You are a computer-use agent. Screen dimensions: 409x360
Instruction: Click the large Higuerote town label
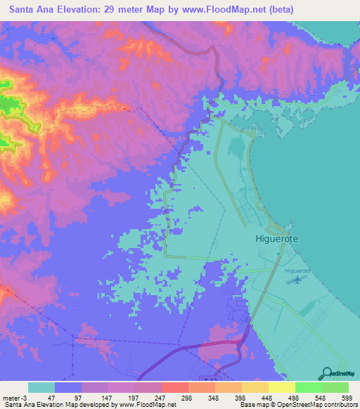pos(276,239)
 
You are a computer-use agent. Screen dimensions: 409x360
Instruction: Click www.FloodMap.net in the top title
pos(213,10)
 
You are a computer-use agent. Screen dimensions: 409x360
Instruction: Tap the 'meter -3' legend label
pos(13,398)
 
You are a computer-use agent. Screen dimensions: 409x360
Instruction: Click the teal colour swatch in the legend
pos(41,387)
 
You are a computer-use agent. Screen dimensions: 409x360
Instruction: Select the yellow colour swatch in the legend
pos(282,387)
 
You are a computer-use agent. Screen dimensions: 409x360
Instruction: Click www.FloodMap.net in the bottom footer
pos(148,405)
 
